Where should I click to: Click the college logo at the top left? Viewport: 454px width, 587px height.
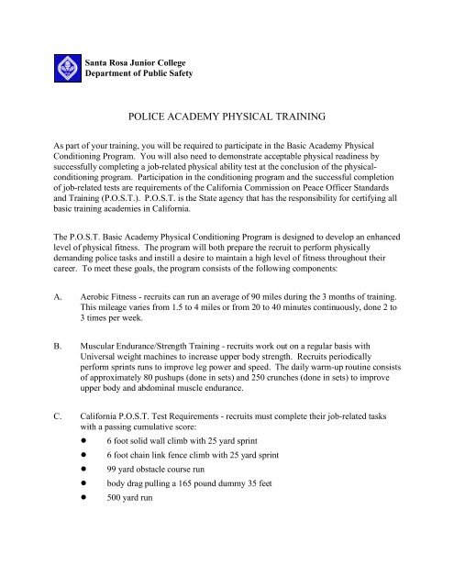65,65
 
